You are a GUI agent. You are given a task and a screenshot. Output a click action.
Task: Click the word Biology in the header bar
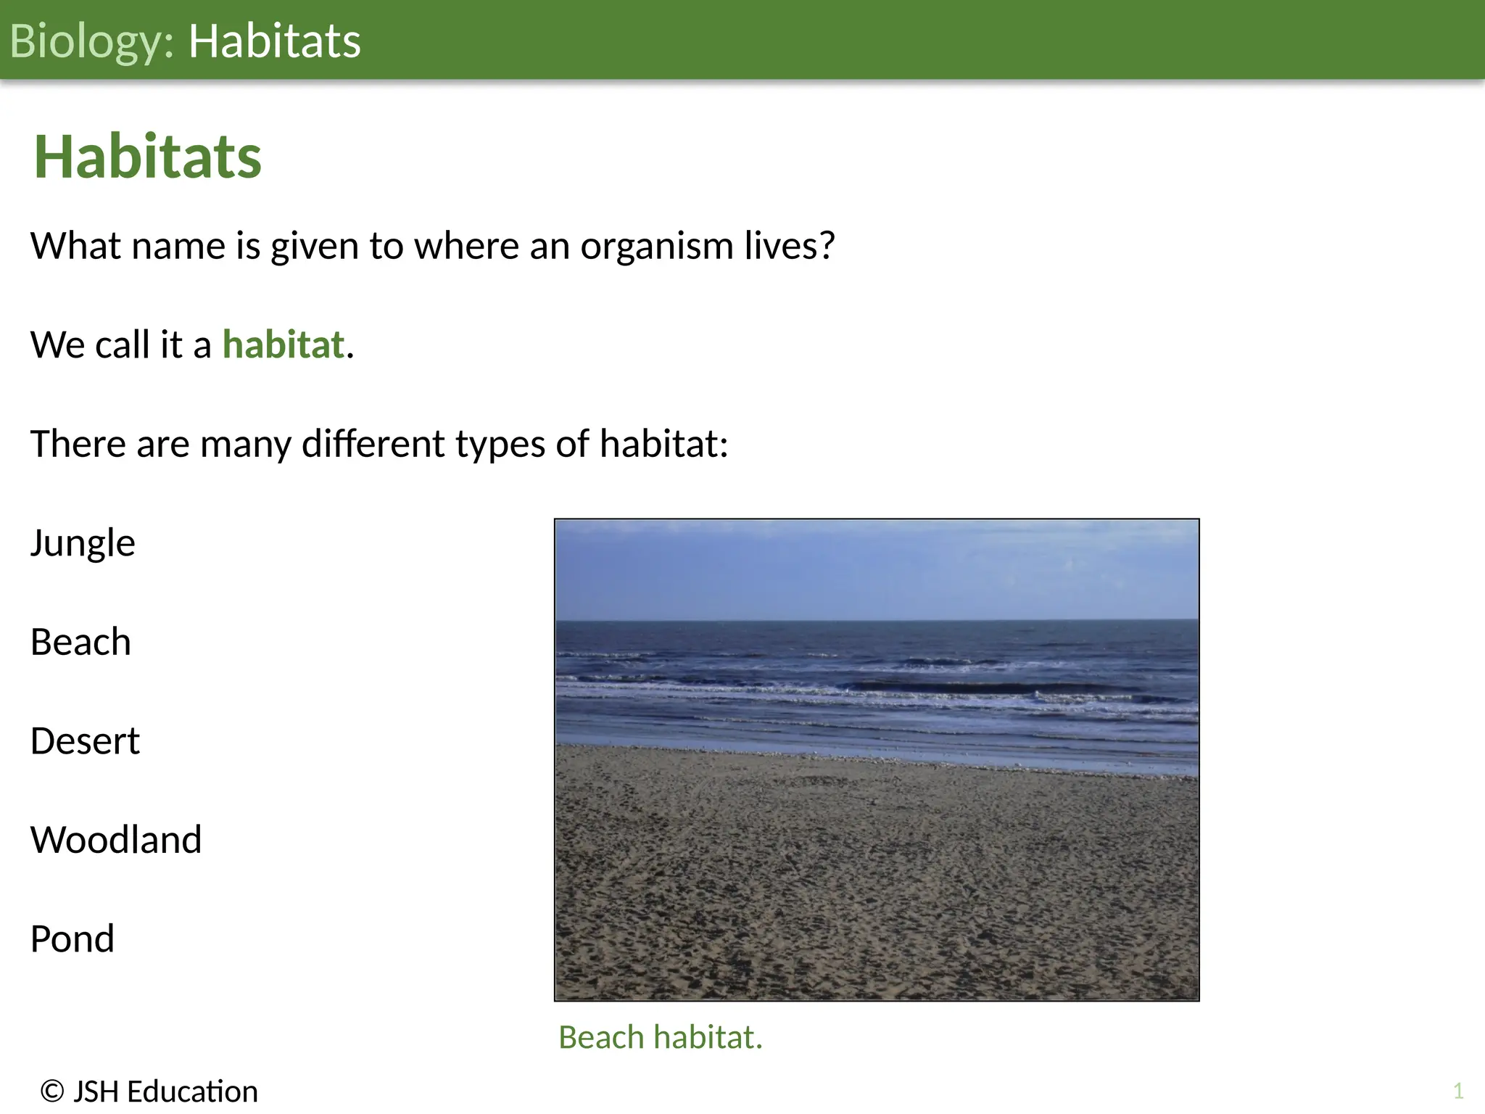pos(86,41)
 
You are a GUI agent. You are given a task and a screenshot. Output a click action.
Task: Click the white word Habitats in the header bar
pos(274,41)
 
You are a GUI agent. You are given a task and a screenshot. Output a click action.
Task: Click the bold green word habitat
pos(283,344)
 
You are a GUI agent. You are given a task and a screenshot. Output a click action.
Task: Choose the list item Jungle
pos(83,543)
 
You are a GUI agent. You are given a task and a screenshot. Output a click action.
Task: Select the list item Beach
pos(80,643)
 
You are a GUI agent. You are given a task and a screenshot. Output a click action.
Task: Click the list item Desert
pos(85,741)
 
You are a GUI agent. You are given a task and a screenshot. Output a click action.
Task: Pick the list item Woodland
pos(116,840)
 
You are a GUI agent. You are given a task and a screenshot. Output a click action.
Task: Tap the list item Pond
pos(73,938)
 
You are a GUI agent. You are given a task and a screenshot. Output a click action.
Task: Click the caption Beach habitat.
pos(660,1037)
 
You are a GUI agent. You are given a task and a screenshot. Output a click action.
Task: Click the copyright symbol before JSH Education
pos(51,1092)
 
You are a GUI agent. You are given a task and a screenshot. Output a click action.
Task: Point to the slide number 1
pos(1458,1091)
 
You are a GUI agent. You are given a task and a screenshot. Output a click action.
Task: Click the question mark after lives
pos(827,246)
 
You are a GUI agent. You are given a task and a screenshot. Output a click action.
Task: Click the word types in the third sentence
pos(500,445)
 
